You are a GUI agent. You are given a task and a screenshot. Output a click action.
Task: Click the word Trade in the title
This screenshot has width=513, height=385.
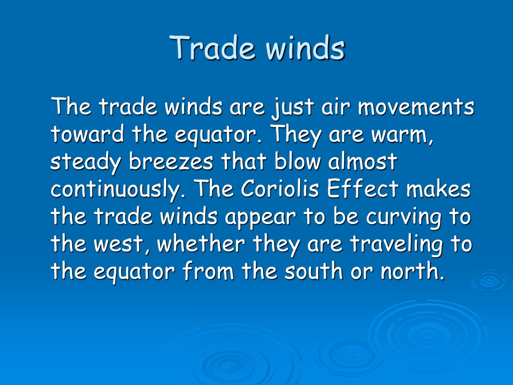click(x=212, y=48)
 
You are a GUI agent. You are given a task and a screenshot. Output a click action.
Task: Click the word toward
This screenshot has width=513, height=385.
click(x=87, y=134)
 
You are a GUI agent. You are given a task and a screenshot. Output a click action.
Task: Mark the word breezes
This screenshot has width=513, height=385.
click(x=171, y=161)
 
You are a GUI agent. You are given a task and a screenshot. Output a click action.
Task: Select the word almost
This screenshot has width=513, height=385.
click(x=363, y=161)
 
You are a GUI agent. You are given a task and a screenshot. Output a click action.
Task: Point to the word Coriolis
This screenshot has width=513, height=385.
click(x=280, y=189)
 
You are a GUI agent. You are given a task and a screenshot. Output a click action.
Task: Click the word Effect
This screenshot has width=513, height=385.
click(x=363, y=189)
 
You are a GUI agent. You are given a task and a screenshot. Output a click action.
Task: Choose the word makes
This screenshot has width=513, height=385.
click(x=438, y=189)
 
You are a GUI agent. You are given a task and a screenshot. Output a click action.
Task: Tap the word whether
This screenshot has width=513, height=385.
click(x=201, y=244)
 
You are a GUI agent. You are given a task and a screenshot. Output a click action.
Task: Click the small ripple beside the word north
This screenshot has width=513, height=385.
click(x=489, y=280)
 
